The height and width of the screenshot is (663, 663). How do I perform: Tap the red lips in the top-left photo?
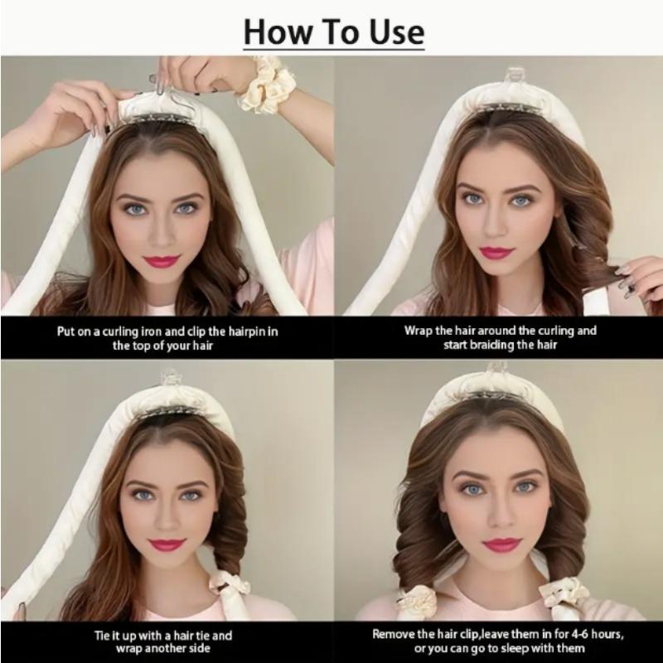click(x=161, y=261)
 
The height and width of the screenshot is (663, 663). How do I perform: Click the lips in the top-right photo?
click(x=497, y=252)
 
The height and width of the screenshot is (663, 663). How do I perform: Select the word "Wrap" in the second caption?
click(x=419, y=331)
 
